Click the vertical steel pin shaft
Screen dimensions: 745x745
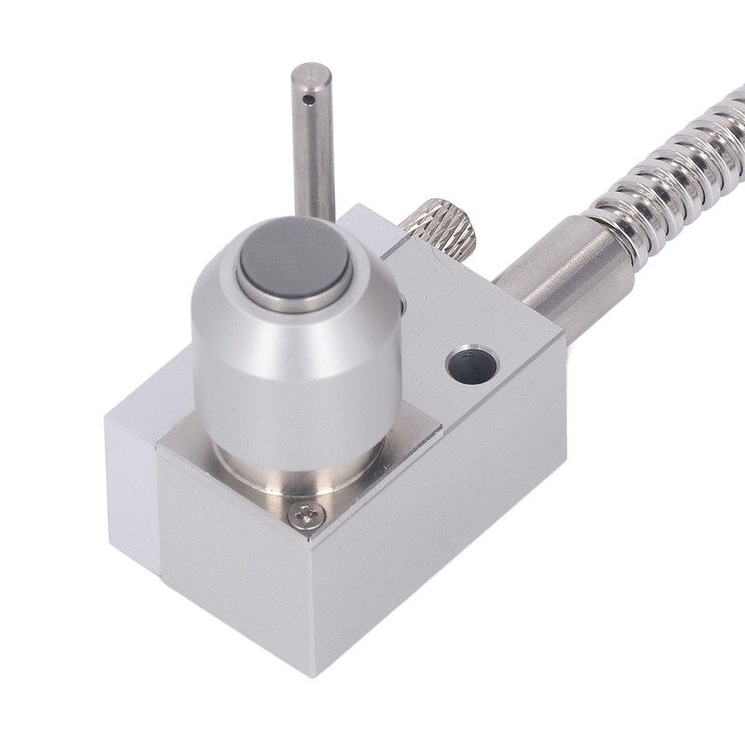tap(314, 158)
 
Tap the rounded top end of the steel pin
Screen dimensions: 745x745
tap(310, 71)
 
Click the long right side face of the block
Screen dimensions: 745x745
tap(447, 521)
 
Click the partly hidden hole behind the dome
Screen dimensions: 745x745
tap(401, 307)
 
